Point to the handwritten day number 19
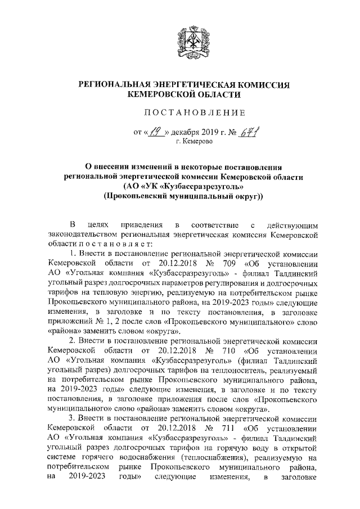(154, 132)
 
